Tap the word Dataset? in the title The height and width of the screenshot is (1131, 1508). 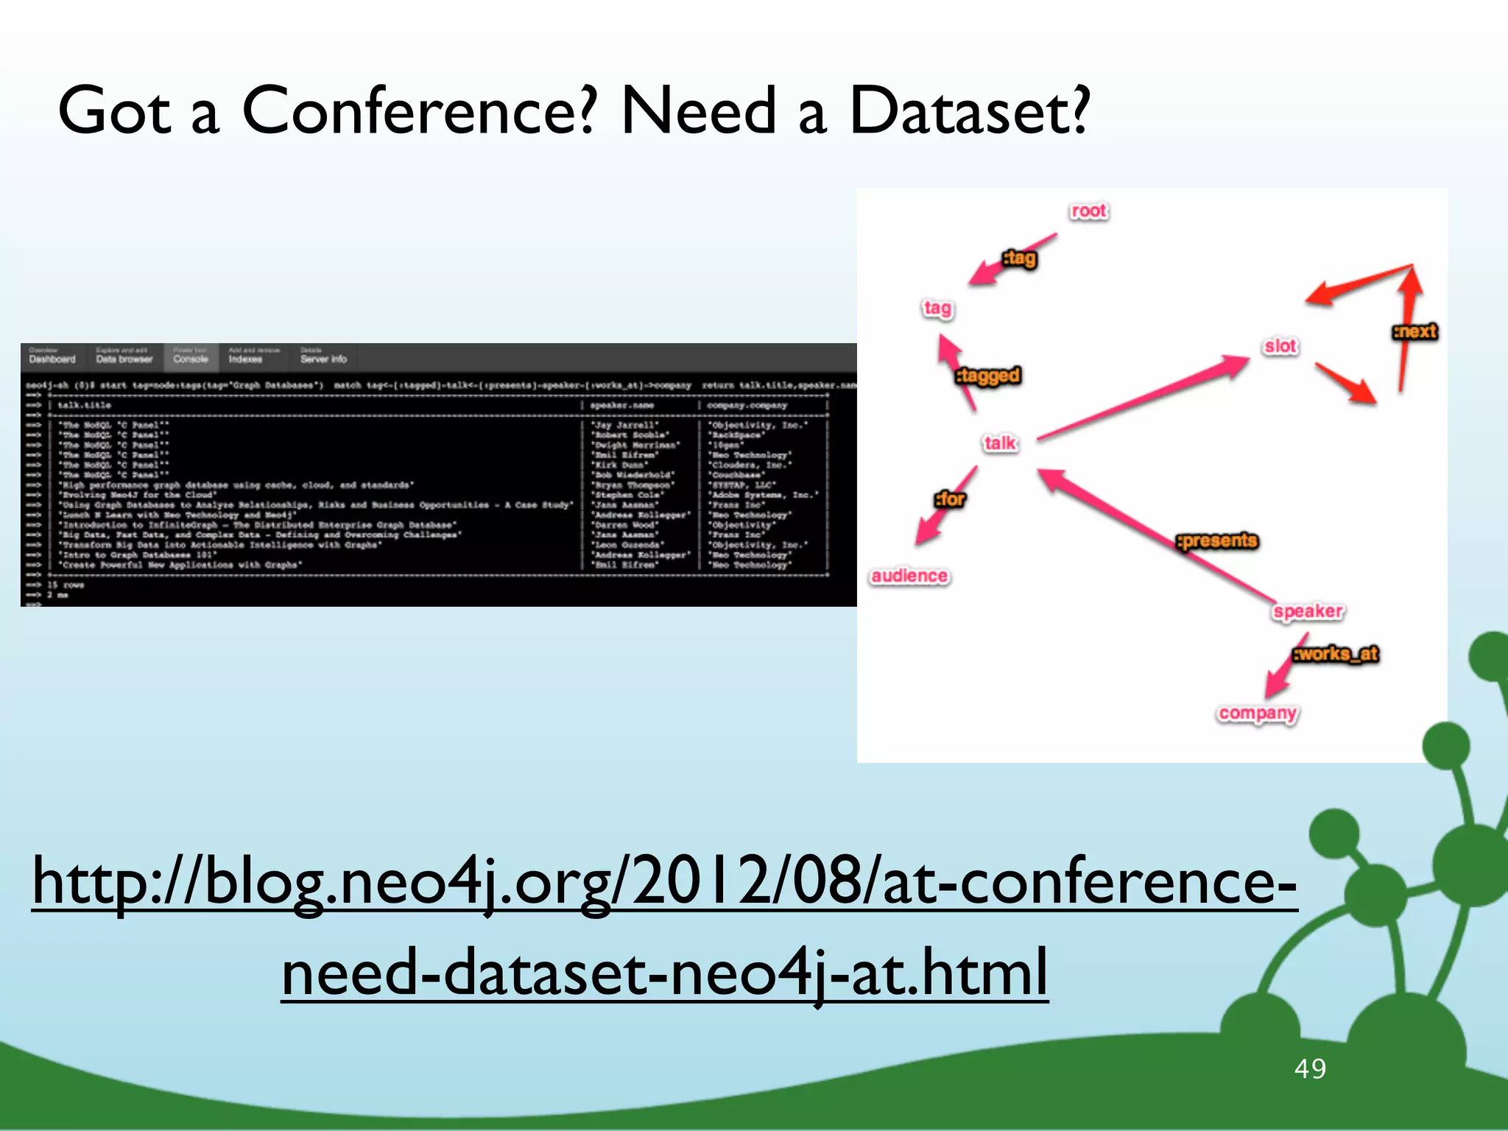[x=968, y=110]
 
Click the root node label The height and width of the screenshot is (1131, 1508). [x=1088, y=211]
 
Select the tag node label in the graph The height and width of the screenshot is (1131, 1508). [x=937, y=308]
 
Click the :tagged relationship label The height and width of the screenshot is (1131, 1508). [x=988, y=376]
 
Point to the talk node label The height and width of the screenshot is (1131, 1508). [x=1000, y=443]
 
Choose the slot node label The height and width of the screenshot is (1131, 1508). [x=1280, y=346]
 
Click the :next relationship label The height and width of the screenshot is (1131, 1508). [x=1414, y=331]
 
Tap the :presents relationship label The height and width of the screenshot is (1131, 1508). [x=1217, y=540]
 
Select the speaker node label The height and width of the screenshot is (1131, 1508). [x=1308, y=611]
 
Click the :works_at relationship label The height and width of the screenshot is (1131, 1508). [x=1336, y=654]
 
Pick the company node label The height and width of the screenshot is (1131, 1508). [x=1257, y=714]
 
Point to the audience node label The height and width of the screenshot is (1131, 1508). [x=909, y=576]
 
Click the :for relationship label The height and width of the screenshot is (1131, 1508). [x=950, y=499]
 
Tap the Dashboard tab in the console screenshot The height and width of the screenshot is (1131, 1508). [x=52, y=359]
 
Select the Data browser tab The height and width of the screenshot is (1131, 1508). [x=124, y=359]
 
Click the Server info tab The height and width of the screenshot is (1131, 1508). [x=323, y=359]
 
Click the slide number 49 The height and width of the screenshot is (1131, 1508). [x=1310, y=1068]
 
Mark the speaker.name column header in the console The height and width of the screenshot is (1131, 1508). [x=621, y=405]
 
